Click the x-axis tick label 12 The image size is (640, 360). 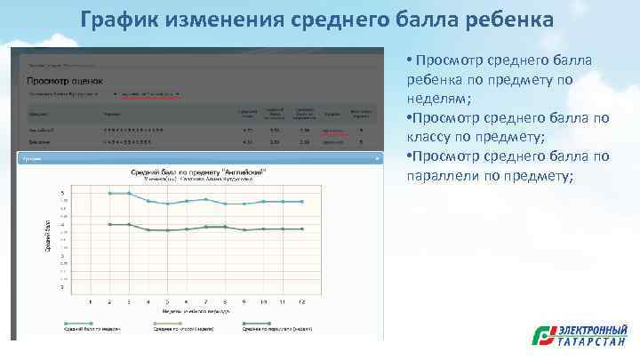[302, 302]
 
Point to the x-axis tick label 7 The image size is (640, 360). [206, 302]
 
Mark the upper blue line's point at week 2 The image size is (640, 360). [109, 193]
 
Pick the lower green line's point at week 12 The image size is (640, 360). [302, 229]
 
